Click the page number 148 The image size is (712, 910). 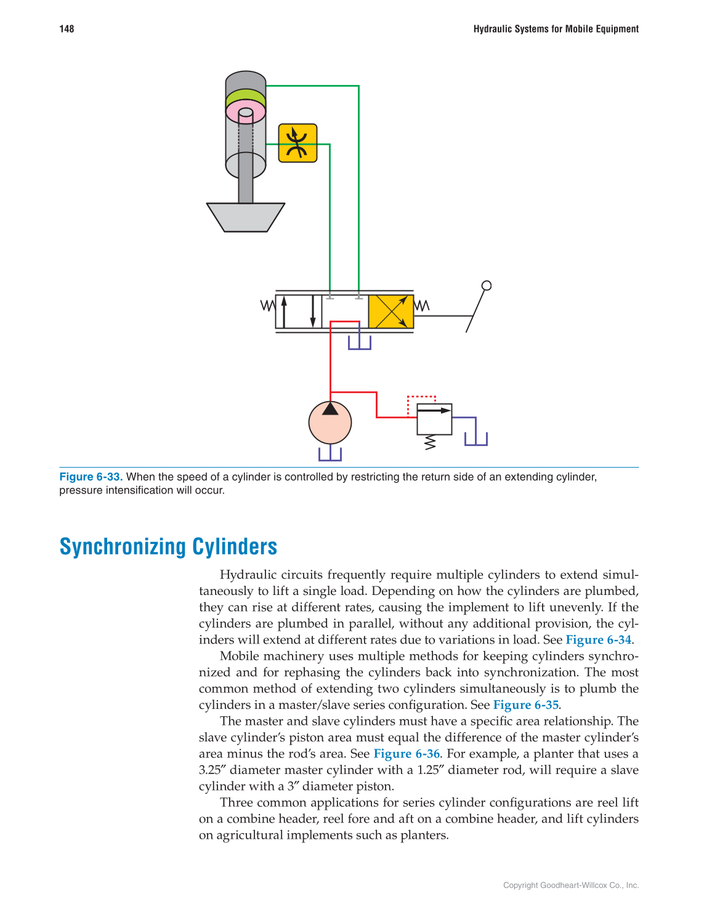(x=67, y=29)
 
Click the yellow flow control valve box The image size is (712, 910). (x=297, y=143)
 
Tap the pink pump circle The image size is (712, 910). (x=330, y=423)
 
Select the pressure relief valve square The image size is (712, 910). (x=434, y=419)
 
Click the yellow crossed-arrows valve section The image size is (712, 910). (x=390, y=311)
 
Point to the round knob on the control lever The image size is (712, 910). (x=487, y=285)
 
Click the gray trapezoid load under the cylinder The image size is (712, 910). (x=246, y=217)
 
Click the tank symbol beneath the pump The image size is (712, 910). (x=330, y=454)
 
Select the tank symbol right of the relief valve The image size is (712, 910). (x=475, y=439)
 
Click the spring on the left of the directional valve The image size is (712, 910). (x=268, y=305)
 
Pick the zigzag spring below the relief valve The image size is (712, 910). (x=431, y=442)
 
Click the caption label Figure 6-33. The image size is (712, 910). (x=91, y=477)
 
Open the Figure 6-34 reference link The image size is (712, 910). (x=598, y=640)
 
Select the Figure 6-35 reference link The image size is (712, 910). (x=525, y=705)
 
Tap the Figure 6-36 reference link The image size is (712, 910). (x=407, y=754)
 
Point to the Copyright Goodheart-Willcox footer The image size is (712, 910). (x=570, y=885)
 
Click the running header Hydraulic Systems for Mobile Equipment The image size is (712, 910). (x=556, y=29)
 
